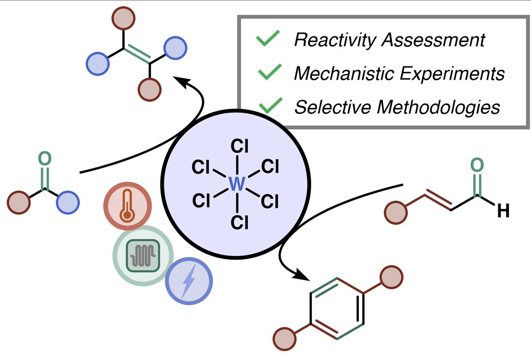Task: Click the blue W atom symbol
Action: point(237,184)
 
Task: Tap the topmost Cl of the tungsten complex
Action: point(239,146)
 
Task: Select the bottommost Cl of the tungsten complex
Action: point(239,222)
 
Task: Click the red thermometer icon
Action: point(127,206)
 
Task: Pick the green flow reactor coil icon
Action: point(143,255)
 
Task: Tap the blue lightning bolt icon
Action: point(189,281)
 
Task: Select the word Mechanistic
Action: point(344,73)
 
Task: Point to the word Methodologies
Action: point(439,107)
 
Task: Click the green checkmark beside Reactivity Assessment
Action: point(268,38)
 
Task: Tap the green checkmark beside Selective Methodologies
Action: point(271,105)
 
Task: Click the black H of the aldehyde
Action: point(503,211)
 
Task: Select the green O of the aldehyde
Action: point(477,165)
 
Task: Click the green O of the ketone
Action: point(45,158)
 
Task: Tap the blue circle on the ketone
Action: point(68,202)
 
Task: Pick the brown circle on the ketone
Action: point(19,202)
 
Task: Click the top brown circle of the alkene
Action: point(123,18)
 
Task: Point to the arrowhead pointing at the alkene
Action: point(182,82)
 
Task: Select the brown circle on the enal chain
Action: point(396,213)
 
